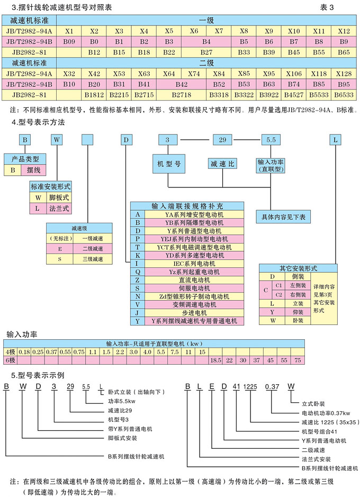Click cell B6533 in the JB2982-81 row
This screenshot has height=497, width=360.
(x=344, y=95)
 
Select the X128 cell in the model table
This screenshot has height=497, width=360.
(x=344, y=74)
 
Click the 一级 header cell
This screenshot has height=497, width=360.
(x=206, y=20)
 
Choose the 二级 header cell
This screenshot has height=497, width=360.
(x=206, y=63)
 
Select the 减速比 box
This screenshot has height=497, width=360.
(x=222, y=164)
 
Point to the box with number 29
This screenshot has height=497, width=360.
(x=222, y=140)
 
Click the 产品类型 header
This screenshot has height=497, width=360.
(x=25, y=159)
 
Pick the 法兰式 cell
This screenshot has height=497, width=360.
(x=59, y=209)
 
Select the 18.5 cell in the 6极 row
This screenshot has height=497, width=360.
(x=215, y=360)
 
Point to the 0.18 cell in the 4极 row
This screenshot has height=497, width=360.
(x=24, y=352)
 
